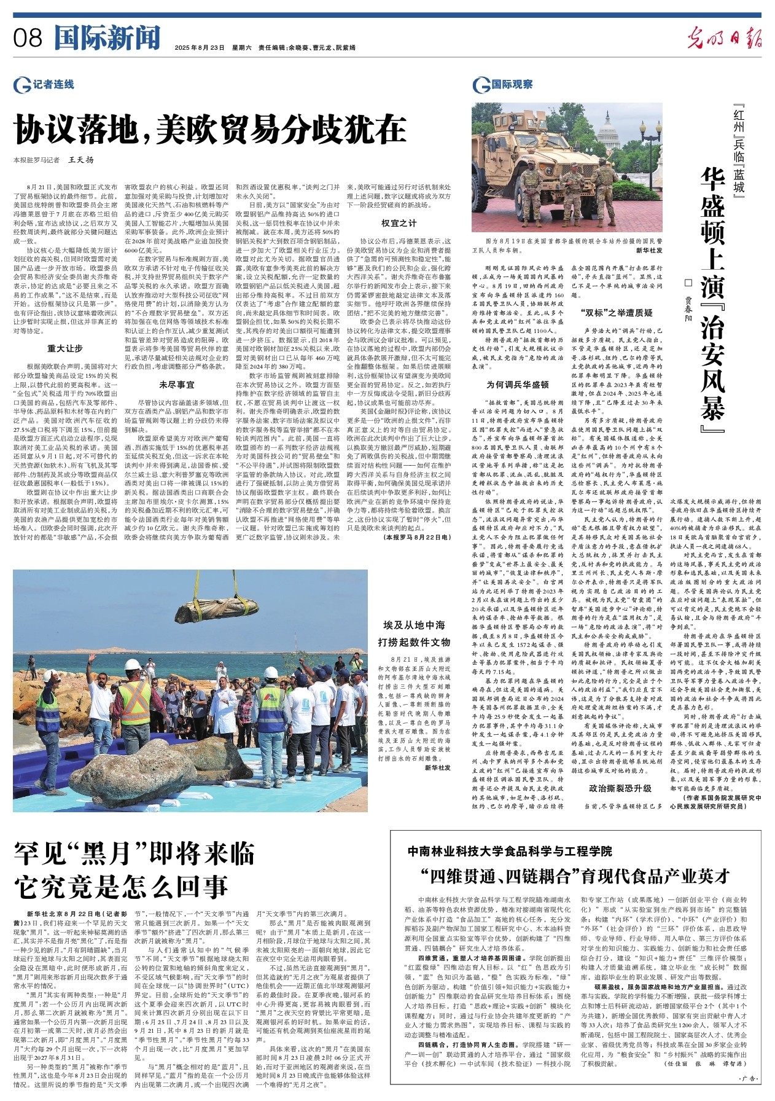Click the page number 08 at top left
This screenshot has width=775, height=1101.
pyautogui.click(x=28, y=38)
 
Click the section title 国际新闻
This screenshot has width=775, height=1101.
pyautogui.click(x=107, y=38)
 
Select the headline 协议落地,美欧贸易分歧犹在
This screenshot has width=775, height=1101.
pyautogui.click(x=210, y=130)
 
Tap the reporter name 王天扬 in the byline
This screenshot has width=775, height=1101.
pyautogui.click(x=81, y=160)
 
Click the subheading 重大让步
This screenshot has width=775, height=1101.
pyautogui.click(x=65, y=348)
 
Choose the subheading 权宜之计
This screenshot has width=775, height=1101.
pyautogui.click(x=399, y=222)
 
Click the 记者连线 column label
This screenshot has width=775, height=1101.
pyautogui.click(x=46, y=84)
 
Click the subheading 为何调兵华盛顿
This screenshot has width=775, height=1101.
pyautogui.click(x=517, y=385)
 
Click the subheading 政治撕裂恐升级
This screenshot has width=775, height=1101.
pyautogui.click(x=620, y=788)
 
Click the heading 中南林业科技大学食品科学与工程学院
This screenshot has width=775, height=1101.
pyautogui.click(x=510, y=852)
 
